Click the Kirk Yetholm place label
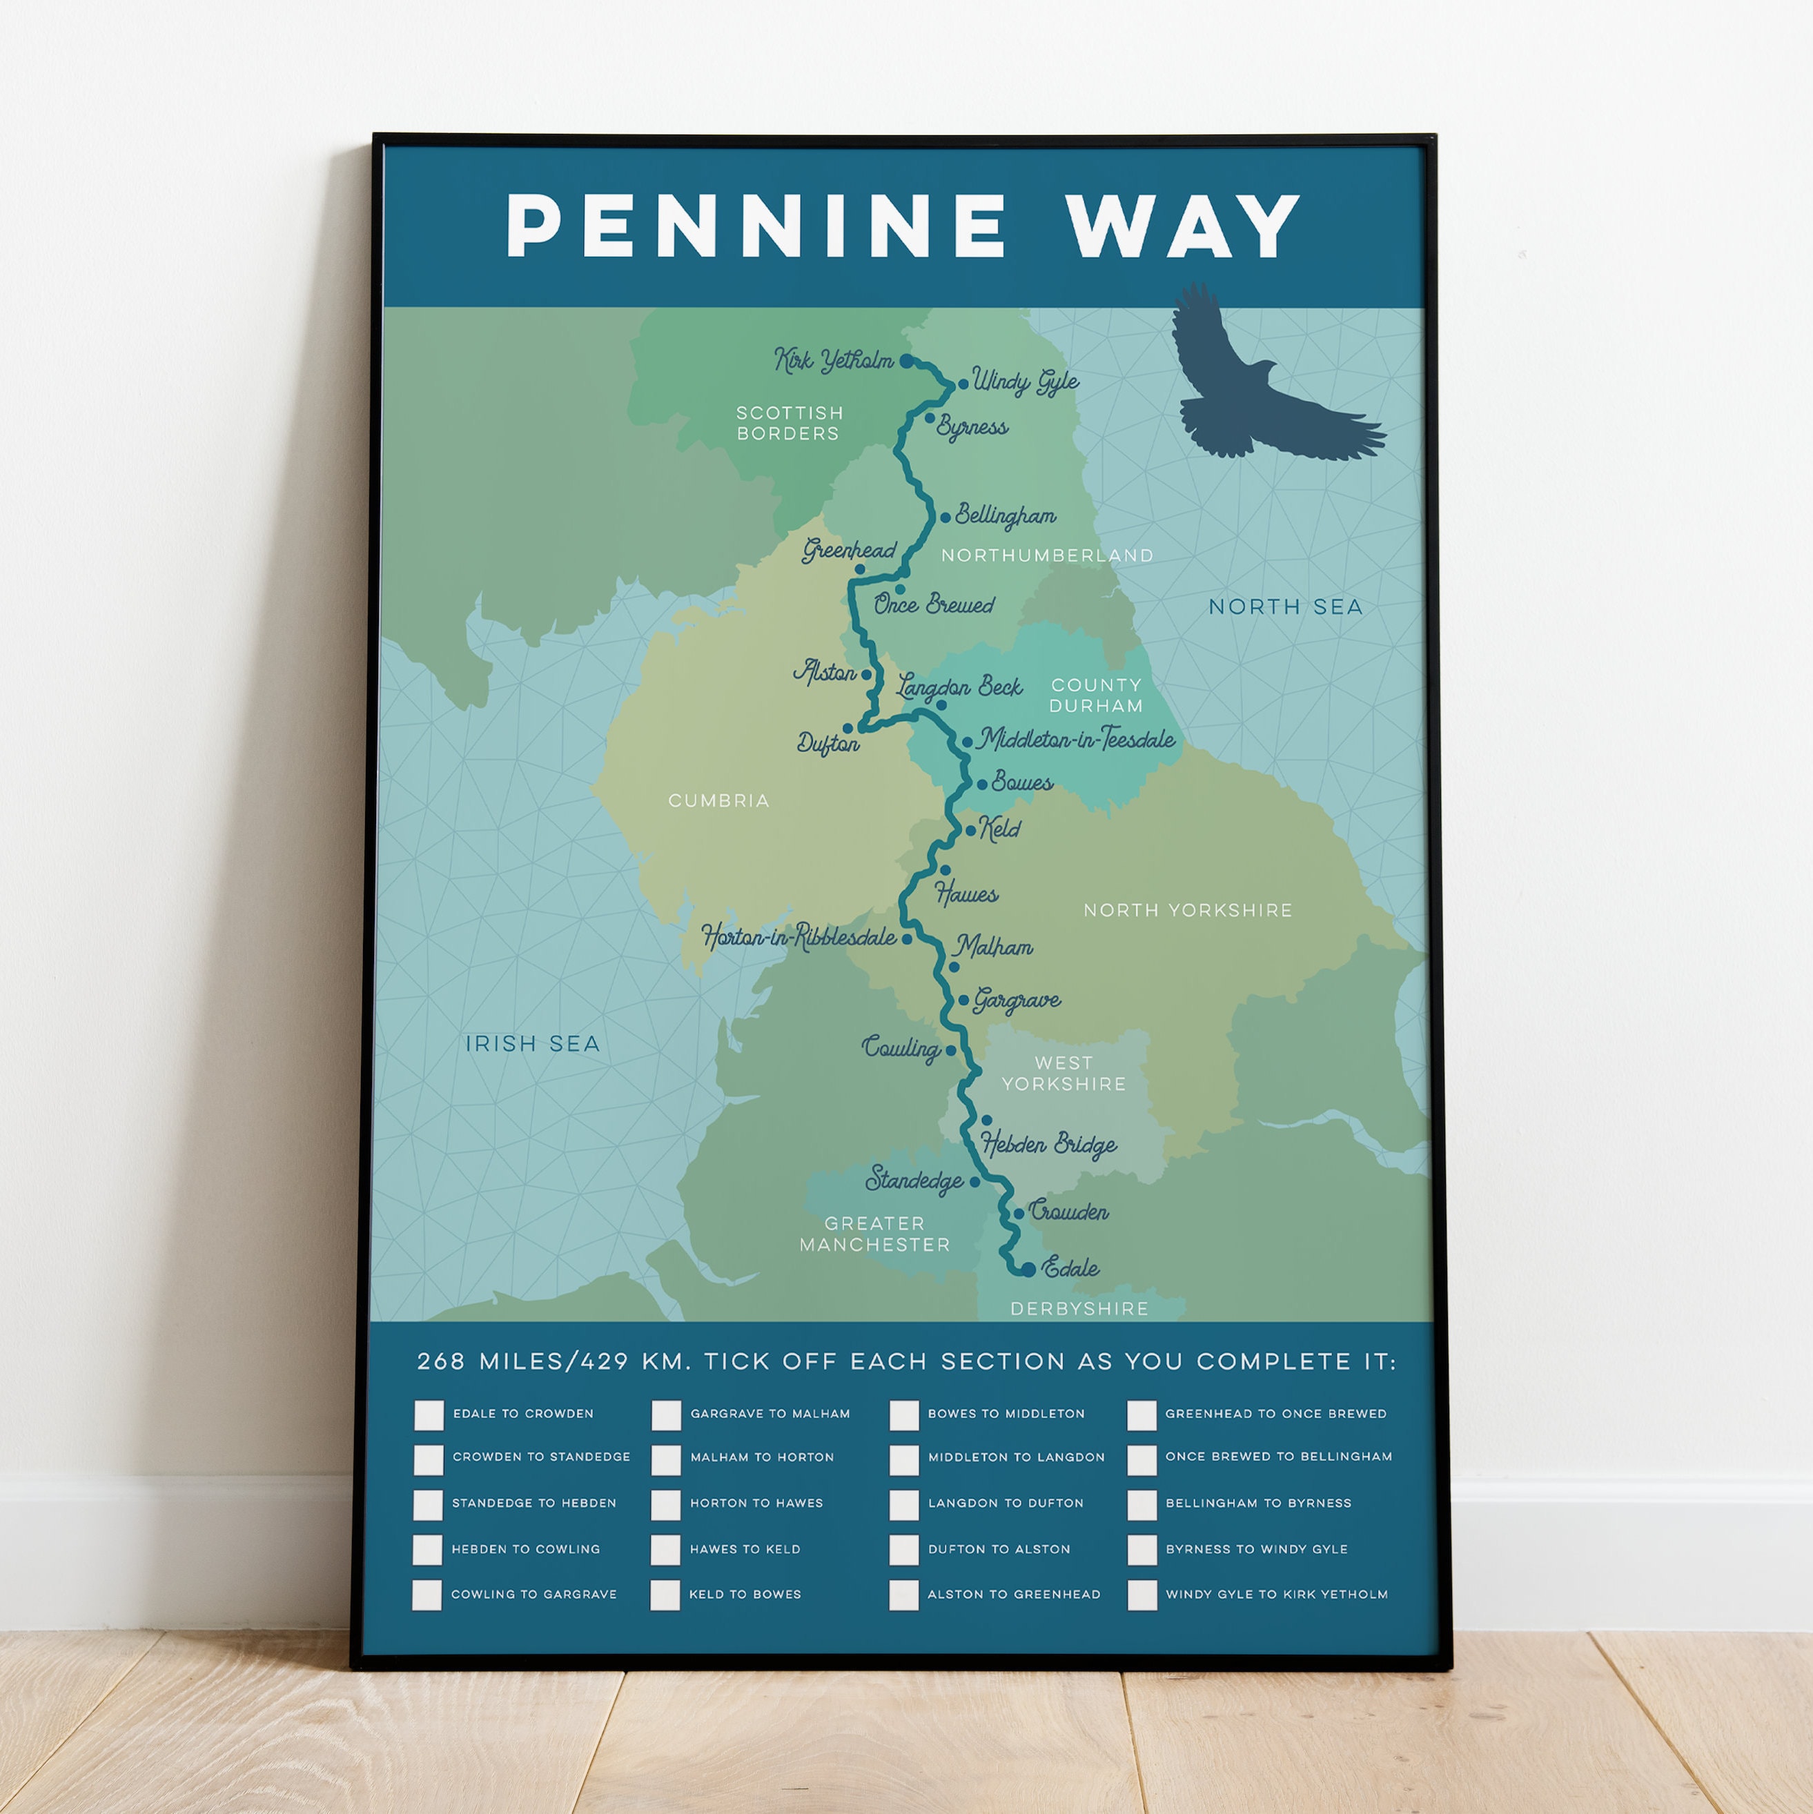pos(834,359)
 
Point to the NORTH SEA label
pos(1284,607)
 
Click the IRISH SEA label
pos(532,1044)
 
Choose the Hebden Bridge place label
pos(1049,1143)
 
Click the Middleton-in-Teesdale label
pos(1076,740)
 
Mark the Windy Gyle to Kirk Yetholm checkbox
pos(1141,1595)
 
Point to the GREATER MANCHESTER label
pos(874,1234)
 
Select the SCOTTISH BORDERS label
pos(789,422)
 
